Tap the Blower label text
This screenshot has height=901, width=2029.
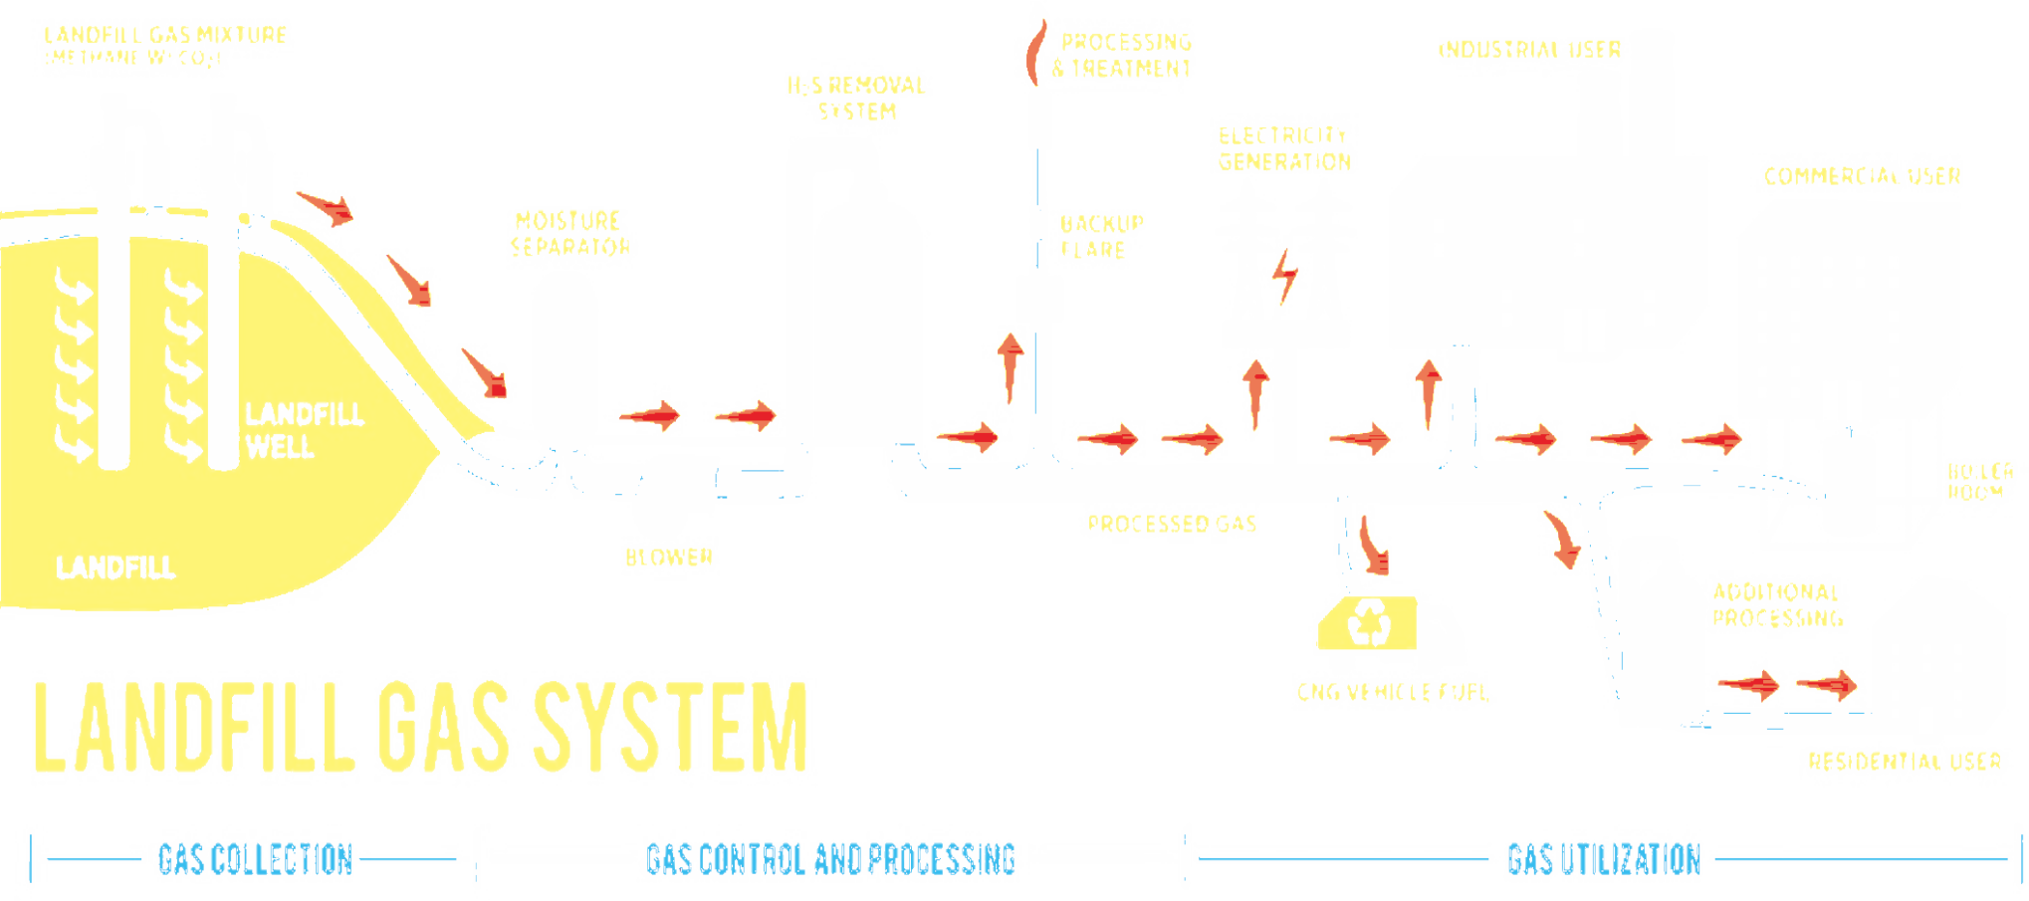click(670, 557)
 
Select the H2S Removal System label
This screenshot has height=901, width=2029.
click(857, 99)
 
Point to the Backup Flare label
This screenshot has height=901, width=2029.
click(1100, 236)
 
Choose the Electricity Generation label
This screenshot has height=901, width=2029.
click(1285, 148)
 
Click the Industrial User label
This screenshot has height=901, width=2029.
click(1532, 49)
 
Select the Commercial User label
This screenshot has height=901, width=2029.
click(1861, 176)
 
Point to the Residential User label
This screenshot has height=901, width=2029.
click(1905, 762)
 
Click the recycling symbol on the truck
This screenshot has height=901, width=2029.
click(1370, 623)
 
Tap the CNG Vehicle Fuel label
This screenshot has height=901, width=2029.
click(1393, 691)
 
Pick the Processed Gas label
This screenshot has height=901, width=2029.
click(1172, 524)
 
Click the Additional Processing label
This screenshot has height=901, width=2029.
click(1778, 605)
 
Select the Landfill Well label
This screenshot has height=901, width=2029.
click(304, 429)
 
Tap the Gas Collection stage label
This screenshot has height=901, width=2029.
click(256, 858)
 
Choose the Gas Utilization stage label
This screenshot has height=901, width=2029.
click(1603, 858)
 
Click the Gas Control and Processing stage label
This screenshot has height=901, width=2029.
click(831, 858)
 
